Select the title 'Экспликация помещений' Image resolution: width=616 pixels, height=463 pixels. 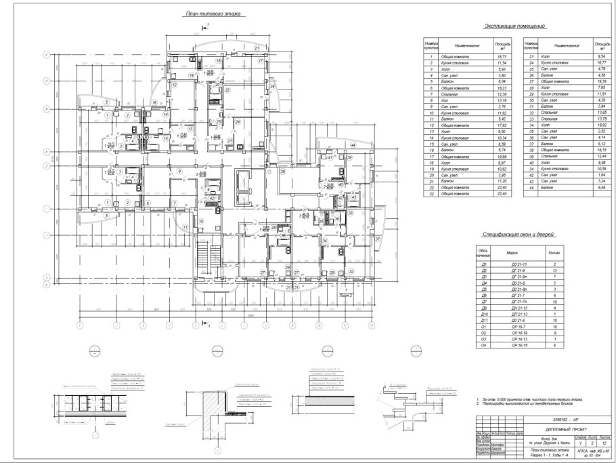[x=514, y=26]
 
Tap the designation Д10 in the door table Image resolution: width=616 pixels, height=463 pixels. [x=483, y=315]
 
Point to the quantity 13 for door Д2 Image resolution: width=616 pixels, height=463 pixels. [x=554, y=269]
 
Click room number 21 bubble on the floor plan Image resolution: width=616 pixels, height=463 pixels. [x=257, y=48]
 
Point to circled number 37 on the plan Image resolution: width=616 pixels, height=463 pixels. [x=378, y=239]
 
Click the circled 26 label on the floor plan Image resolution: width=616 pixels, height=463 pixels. [x=272, y=87]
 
